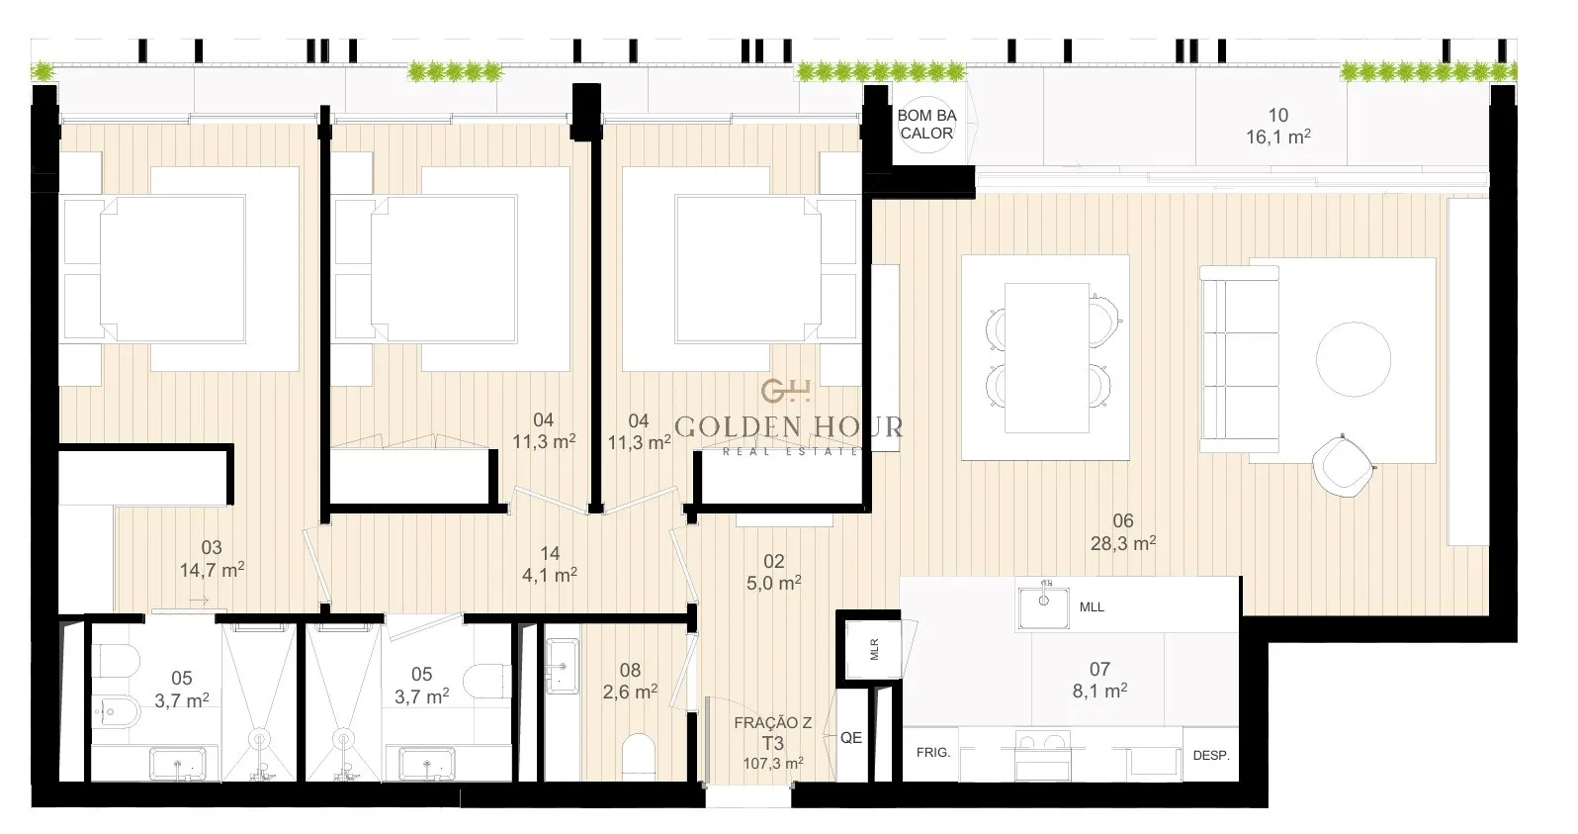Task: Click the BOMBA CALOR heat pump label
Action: coord(926,124)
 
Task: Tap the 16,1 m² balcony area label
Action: coord(1277,137)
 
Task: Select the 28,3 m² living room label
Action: coord(1123,543)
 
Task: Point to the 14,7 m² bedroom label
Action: coord(212,570)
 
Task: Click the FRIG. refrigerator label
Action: coord(933,753)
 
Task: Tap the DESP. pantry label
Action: coord(1211,755)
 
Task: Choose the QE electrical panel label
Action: coord(851,738)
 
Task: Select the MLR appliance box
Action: coord(874,649)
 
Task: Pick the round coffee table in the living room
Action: coord(1354,359)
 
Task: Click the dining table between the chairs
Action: coord(1047,357)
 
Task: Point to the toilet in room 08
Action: coord(640,757)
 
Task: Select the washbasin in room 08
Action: coord(563,666)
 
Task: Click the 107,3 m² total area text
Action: coord(773,764)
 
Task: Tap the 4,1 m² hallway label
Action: coord(550,575)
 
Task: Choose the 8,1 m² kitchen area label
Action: coord(1099,691)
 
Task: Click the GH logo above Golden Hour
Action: coord(786,391)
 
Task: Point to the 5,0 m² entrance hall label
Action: coord(773,583)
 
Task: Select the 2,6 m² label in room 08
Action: coord(630,692)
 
